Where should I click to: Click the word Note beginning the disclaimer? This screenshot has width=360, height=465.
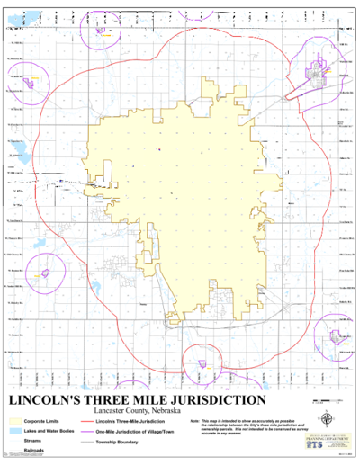(195, 420)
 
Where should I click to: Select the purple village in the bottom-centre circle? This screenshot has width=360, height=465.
(204, 363)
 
